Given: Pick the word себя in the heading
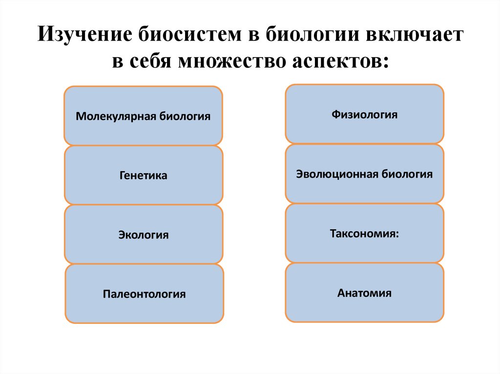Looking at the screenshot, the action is pyautogui.click(x=152, y=62).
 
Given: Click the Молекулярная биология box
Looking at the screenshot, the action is pyautogui.click(x=143, y=116).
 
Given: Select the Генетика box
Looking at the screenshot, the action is pyautogui.click(x=143, y=175).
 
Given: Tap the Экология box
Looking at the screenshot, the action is pyautogui.click(x=143, y=235).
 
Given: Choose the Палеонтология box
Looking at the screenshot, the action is pyautogui.click(x=144, y=294).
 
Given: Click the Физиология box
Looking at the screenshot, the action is pyautogui.click(x=364, y=114).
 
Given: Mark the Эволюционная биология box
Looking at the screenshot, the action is pyautogui.click(x=364, y=174).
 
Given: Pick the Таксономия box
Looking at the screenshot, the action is pyautogui.click(x=364, y=233).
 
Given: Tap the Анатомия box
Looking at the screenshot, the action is pyautogui.click(x=364, y=293).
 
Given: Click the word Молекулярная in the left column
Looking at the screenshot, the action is pyautogui.click(x=115, y=117).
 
